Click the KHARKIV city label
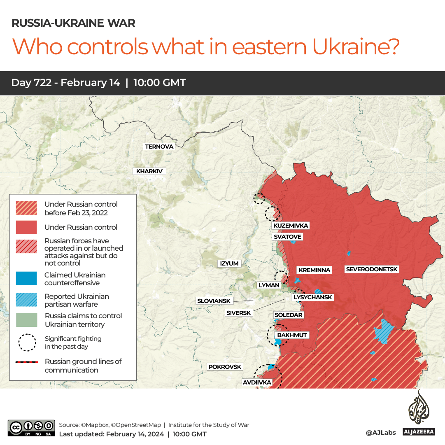point(149,171)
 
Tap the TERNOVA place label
point(159,147)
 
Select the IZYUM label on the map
point(229,263)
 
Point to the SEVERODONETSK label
point(372,269)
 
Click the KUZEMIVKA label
point(291,226)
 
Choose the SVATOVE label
point(287,237)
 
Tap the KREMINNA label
point(315,270)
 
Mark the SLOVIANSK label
point(214,301)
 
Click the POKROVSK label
point(225,366)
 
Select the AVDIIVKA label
point(257,382)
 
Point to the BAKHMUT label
point(292,335)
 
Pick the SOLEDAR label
point(289,315)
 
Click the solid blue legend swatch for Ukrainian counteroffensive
point(26,279)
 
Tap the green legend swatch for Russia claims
point(26,320)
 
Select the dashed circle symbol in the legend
point(27,342)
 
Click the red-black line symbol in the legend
point(27,362)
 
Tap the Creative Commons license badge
point(31,428)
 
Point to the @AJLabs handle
point(381,432)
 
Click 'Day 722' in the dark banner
point(31,83)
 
